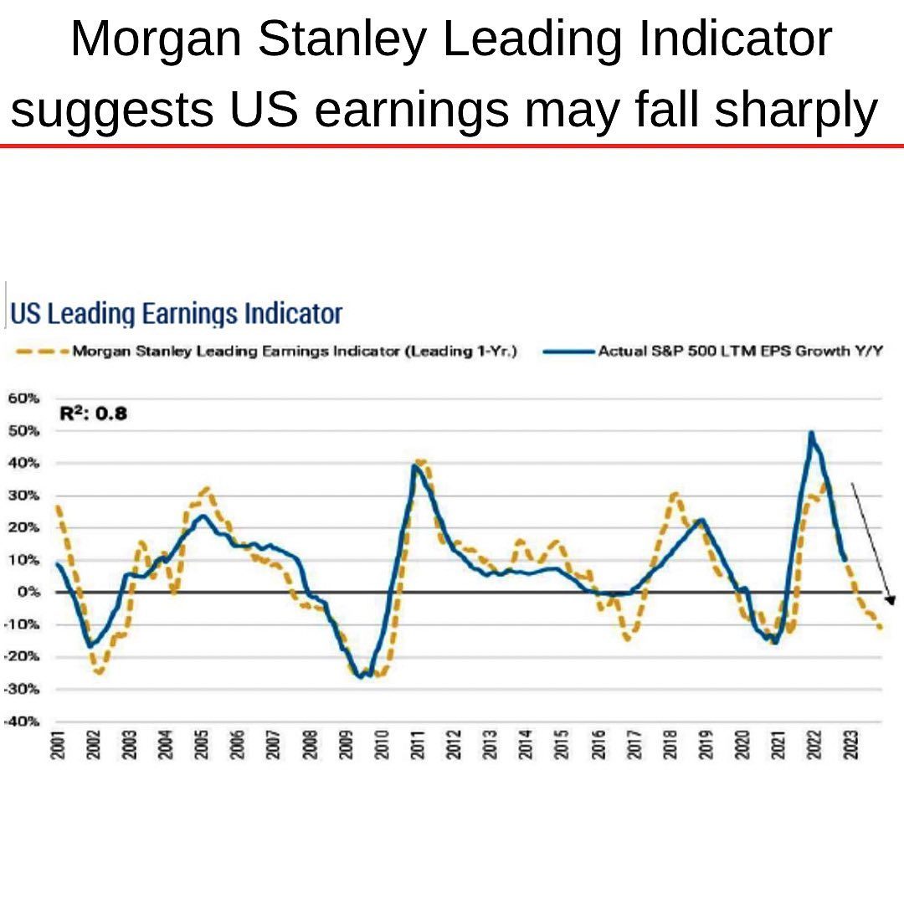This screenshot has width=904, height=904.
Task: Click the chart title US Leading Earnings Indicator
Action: [x=176, y=314]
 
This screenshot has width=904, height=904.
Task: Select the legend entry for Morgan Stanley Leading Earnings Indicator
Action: [x=293, y=352]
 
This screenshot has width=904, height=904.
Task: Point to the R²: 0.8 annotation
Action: [x=94, y=413]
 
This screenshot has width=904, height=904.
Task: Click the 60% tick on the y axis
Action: [x=25, y=398]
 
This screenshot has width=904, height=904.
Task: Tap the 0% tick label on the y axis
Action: [x=30, y=592]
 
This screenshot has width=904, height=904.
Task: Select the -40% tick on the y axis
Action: [x=23, y=721]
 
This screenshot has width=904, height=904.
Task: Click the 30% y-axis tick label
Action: [x=25, y=495]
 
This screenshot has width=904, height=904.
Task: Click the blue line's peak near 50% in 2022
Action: [x=811, y=434]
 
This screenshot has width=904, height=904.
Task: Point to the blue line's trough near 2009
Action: [x=361, y=676]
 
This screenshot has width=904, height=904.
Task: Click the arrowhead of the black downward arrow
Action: [x=891, y=600]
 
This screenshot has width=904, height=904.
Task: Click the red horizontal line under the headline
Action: [x=452, y=146]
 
